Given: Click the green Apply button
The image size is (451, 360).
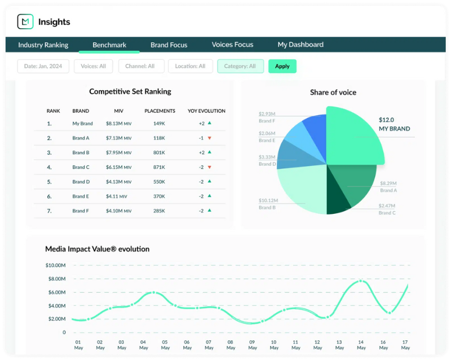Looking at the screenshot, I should coord(282,66).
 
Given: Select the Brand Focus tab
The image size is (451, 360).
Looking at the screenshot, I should coord(169,45).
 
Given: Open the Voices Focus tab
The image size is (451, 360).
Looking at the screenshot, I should coord(232,45).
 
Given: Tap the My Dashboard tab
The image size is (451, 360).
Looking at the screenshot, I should coord(300,45).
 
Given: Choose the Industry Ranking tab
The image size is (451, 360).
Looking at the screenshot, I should coord(43,45).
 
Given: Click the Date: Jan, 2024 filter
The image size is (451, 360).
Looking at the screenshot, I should coord(43,66).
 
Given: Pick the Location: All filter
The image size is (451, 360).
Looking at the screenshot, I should coord(190,66).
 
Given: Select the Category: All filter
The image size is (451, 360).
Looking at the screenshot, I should coord(240,66).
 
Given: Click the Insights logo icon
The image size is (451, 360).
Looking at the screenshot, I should coord(25,22).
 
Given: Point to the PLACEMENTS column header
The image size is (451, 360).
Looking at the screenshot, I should coord(160,111).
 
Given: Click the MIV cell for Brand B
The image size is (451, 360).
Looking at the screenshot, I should coord(118,152).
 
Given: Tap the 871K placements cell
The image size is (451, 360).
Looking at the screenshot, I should coord(159,167).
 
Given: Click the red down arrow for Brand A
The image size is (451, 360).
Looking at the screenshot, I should coord(209,138).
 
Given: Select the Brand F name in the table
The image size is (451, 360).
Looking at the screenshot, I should coord(81,211).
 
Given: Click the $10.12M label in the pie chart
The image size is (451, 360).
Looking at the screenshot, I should coord(268,200).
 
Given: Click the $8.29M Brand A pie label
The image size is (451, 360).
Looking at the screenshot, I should coord(388,183).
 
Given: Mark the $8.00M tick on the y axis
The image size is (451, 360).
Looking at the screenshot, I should coord(56,279).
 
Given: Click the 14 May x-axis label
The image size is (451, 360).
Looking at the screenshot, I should coord(361,345).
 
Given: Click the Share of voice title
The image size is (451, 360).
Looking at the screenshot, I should coord(333,92).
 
